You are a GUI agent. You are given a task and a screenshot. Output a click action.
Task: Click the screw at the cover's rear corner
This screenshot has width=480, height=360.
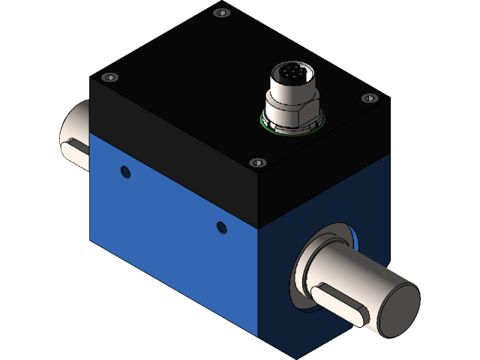(x=219, y=13)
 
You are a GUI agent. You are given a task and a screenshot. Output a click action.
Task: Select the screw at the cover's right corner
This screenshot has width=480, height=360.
(x=367, y=98)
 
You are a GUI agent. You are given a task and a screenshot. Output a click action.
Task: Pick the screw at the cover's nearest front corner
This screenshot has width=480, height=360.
(x=258, y=162)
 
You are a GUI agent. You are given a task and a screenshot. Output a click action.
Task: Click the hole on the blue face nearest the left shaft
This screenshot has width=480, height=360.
(x=125, y=172)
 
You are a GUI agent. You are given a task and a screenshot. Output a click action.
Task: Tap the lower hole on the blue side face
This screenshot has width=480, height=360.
(x=220, y=226)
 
